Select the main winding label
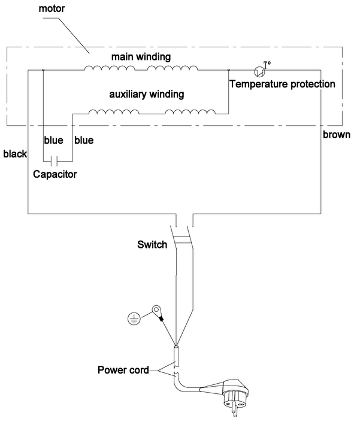tap(141, 57)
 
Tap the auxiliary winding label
tap(146, 95)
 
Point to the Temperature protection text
tap(283, 84)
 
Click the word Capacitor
tap(55, 175)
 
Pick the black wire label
tap(14, 154)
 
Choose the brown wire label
tap(336, 135)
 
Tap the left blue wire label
tap(53, 141)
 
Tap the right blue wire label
tap(83, 141)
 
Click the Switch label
tap(153, 244)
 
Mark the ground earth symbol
tap(135, 317)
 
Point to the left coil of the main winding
tap(110, 68)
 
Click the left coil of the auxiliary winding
tap(114, 111)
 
